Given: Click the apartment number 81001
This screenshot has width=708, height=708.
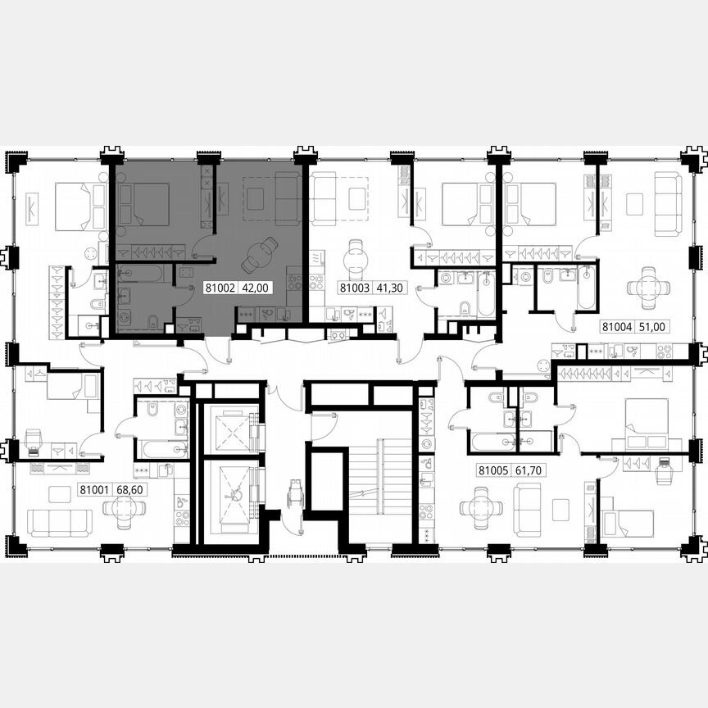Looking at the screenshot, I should click(93, 490).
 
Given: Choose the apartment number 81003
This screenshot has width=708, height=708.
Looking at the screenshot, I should click(354, 288).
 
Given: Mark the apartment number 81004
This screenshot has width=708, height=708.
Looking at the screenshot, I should click(617, 325).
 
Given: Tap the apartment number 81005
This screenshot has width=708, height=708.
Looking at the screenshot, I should click(492, 471).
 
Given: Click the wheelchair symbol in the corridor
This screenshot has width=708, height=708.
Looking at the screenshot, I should click(293, 496).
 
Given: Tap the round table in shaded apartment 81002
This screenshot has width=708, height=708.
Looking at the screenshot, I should click(261, 255).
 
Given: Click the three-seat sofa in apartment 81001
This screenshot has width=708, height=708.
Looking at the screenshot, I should click(60, 522).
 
